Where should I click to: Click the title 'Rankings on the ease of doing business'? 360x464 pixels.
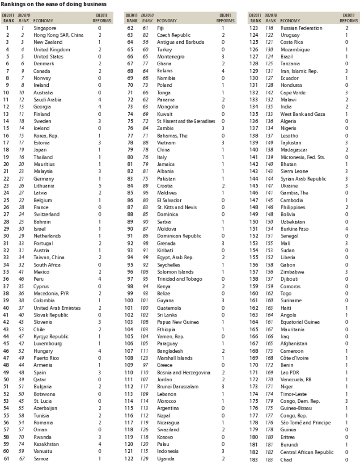point(54,4)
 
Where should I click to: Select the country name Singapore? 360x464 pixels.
point(44,28)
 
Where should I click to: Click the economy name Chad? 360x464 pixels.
point(286,459)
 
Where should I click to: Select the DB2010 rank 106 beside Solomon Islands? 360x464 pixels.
point(145,272)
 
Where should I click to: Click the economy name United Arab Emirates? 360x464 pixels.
point(57,308)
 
